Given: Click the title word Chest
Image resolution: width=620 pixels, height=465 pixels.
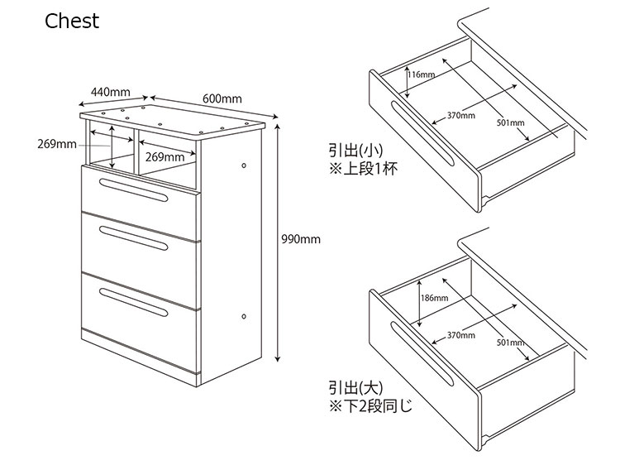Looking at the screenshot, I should [x=72, y=21].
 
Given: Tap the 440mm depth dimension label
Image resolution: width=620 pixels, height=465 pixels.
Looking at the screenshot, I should [x=111, y=92].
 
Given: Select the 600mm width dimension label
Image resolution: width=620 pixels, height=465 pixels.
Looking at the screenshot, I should [x=222, y=99].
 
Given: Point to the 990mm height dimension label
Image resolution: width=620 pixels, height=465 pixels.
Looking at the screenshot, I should [x=301, y=240].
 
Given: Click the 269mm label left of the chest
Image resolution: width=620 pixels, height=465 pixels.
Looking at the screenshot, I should [x=56, y=145].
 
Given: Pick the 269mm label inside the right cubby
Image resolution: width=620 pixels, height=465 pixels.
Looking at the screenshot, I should [x=165, y=157].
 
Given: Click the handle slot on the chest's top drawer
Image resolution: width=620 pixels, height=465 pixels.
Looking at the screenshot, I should [x=133, y=188].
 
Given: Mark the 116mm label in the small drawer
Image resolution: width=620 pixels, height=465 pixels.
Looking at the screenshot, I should [x=422, y=74].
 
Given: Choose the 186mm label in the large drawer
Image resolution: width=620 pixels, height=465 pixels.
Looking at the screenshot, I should [x=434, y=298].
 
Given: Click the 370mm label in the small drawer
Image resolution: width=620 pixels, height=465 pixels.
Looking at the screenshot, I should [x=461, y=115].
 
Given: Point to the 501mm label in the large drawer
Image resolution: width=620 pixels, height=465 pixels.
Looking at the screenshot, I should [x=510, y=343].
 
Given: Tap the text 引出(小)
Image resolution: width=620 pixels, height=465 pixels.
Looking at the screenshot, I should [x=355, y=151].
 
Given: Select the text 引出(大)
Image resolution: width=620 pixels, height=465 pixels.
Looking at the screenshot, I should [x=355, y=387].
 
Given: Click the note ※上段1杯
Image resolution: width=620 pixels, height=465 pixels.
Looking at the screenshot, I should [x=365, y=170].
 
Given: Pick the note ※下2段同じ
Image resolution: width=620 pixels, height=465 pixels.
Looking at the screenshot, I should [x=370, y=407].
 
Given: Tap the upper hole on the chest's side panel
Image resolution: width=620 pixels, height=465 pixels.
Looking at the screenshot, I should [x=244, y=165].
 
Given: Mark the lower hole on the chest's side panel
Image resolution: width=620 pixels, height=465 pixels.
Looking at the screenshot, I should [x=244, y=317].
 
